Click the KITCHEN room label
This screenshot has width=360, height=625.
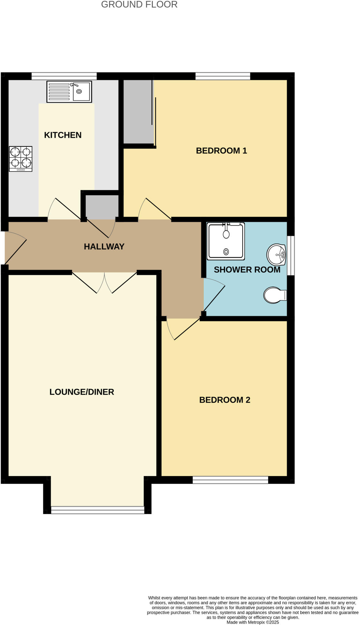63,135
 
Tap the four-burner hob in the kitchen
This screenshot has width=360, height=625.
20,159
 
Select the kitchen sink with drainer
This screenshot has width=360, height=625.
69,92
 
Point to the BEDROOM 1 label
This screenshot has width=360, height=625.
221,151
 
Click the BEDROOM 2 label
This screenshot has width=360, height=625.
225,400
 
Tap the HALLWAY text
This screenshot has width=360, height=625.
104,247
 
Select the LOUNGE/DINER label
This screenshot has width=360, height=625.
82,392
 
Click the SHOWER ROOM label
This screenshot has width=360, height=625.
247,270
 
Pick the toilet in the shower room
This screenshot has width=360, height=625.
275,295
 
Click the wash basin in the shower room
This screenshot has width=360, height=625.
276,255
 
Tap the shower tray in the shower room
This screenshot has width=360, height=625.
226,241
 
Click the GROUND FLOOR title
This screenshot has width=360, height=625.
139,5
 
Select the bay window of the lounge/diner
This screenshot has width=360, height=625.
97,510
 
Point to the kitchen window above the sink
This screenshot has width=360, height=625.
64,76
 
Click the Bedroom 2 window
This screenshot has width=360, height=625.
230,480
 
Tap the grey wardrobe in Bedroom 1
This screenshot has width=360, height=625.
138,111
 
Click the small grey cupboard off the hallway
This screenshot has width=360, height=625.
102,207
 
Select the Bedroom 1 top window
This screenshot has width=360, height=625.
223,76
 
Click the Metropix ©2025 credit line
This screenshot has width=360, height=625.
253,622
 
